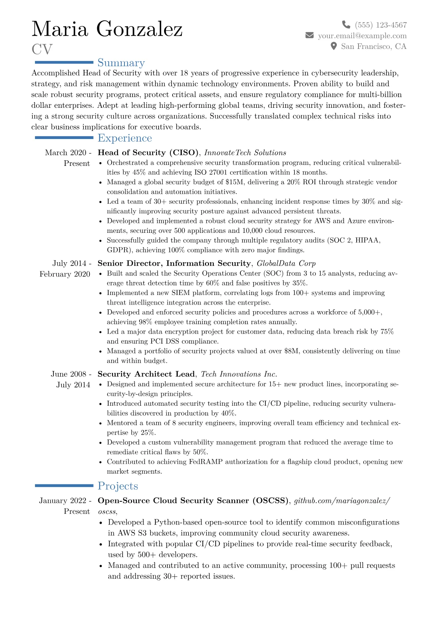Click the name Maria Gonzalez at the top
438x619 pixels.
click(107, 29)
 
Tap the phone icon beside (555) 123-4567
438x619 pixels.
click(346, 25)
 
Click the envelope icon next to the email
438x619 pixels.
click(310, 35)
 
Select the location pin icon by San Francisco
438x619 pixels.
click(333, 46)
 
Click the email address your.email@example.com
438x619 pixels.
click(362, 36)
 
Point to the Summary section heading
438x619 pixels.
click(121, 63)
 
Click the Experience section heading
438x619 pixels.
click(125, 138)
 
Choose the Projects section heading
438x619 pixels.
click(118, 486)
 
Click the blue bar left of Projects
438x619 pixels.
click(64, 485)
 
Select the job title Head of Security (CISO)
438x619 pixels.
click(148, 153)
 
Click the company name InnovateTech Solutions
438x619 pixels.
click(245, 153)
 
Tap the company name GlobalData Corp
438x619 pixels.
click(286, 263)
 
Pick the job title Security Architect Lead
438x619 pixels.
click(146, 374)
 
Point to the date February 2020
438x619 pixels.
click(65, 274)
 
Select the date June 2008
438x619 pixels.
click(68, 374)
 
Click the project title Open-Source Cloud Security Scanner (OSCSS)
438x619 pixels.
click(193, 501)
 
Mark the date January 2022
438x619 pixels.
click(63, 501)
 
